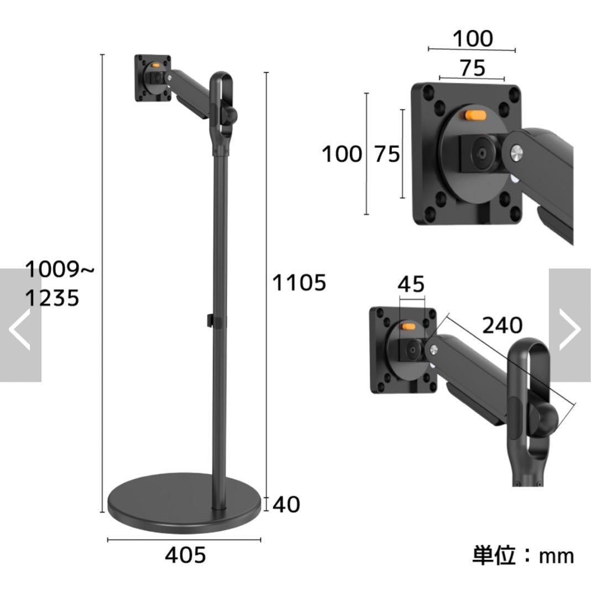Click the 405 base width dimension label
(x=185, y=555)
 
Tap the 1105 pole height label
(x=299, y=282)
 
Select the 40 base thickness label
(x=286, y=504)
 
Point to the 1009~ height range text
(x=60, y=270)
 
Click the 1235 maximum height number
(x=53, y=298)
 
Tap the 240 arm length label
(x=501, y=326)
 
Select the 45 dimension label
(x=411, y=284)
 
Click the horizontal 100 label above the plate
(x=472, y=39)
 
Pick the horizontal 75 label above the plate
(x=472, y=67)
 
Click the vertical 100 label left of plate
(x=342, y=154)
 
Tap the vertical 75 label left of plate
(x=386, y=154)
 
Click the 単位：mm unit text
(x=523, y=555)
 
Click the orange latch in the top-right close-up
(x=475, y=116)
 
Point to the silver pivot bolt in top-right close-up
(x=517, y=152)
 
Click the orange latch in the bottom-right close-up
(x=408, y=326)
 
